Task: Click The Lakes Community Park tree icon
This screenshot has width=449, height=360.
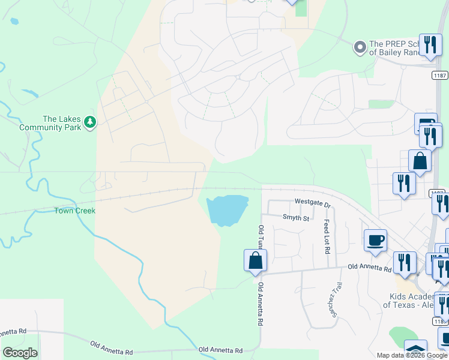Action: tap(90, 122)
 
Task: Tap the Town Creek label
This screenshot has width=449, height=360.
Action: tap(75, 211)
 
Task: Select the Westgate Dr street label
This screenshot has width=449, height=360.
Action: tap(312, 204)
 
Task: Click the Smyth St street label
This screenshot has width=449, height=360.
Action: tap(295, 218)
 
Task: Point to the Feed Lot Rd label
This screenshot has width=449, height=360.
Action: tap(327, 236)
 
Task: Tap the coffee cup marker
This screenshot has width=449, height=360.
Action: tap(375, 240)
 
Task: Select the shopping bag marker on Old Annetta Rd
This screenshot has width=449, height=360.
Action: tap(255, 260)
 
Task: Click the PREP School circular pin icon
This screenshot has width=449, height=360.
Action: tap(360, 47)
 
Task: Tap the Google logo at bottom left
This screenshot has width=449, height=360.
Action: tap(20, 353)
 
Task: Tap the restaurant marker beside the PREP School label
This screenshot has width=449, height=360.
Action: tap(430, 45)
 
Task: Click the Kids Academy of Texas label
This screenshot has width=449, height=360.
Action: tap(409, 300)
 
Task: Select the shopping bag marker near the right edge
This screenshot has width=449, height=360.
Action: tap(420, 161)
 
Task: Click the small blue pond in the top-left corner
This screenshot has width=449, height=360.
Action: tap(14, 21)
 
